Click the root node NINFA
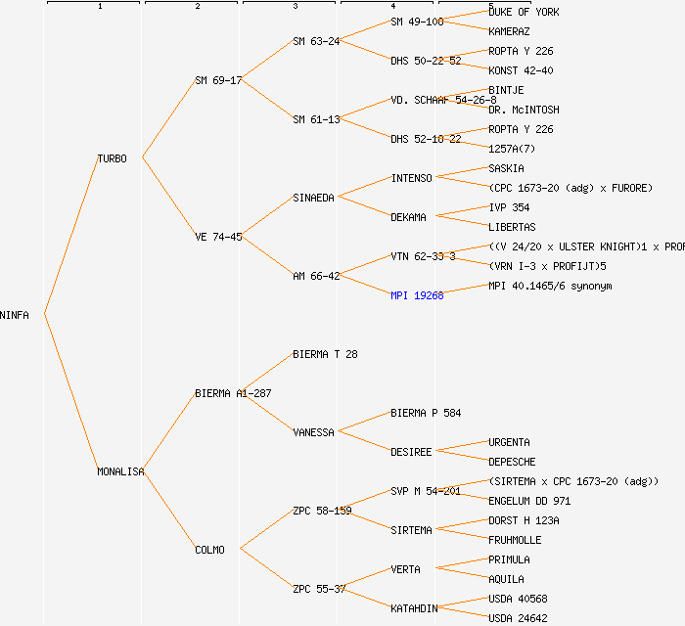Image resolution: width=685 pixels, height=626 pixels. pyautogui.click(x=15, y=315)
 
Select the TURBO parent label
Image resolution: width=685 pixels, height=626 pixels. pyautogui.click(x=112, y=158)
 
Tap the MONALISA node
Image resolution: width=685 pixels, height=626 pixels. pyautogui.click(x=120, y=471)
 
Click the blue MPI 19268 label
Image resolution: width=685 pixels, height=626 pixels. pyautogui.click(x=417, y=295)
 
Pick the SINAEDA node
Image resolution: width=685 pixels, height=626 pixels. pyautogui.click(x=313, y=198)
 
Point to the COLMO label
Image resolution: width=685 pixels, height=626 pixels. pyautogui.click(x=209, y=550)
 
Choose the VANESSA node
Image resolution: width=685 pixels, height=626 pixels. pyautogui.click(x=313, y=432)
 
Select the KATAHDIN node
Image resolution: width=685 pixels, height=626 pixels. pyautogui.click(x=414, y=608)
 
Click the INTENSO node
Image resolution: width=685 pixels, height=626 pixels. pyautogui.click(x=411, y=178)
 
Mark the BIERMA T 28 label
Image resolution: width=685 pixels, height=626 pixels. pyautogui.click(x=325, y=354)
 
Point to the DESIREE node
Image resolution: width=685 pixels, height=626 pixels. pyautogui.click(x=411, y=452)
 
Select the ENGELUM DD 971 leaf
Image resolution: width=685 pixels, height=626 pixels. pyautogui.click(x=529, y=501)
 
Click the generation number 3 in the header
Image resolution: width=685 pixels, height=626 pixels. pyautogui.click(x=295, y=7)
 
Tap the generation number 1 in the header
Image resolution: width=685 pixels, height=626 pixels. pyautogui.click(x=99, y=7)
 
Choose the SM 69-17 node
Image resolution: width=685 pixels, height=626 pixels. pyautogui.click(x=218, y=80)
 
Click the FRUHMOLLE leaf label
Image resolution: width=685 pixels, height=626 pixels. pyautogui.click(x=515, y=540)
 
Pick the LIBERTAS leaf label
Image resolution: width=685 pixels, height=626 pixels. pyautogui.click(x=512, y=227)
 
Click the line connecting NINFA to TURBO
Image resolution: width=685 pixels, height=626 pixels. pyautogui.click(x=70, y=235)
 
